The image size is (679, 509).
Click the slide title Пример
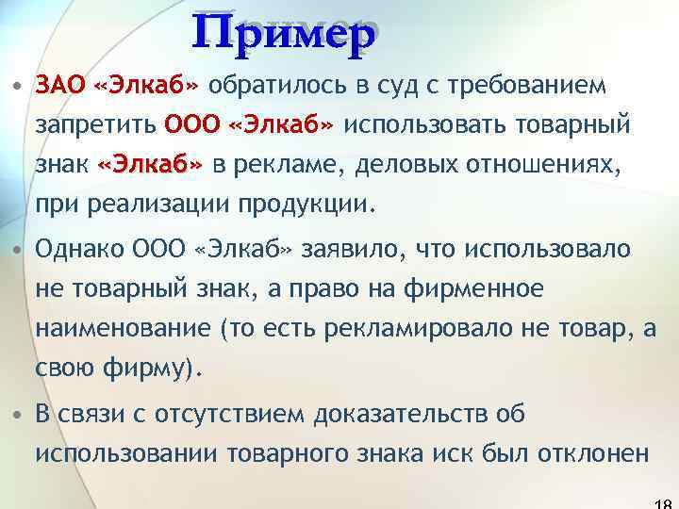tap(288, 36)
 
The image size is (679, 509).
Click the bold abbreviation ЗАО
tap(60, 86)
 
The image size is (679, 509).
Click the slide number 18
tap(664, 502)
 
